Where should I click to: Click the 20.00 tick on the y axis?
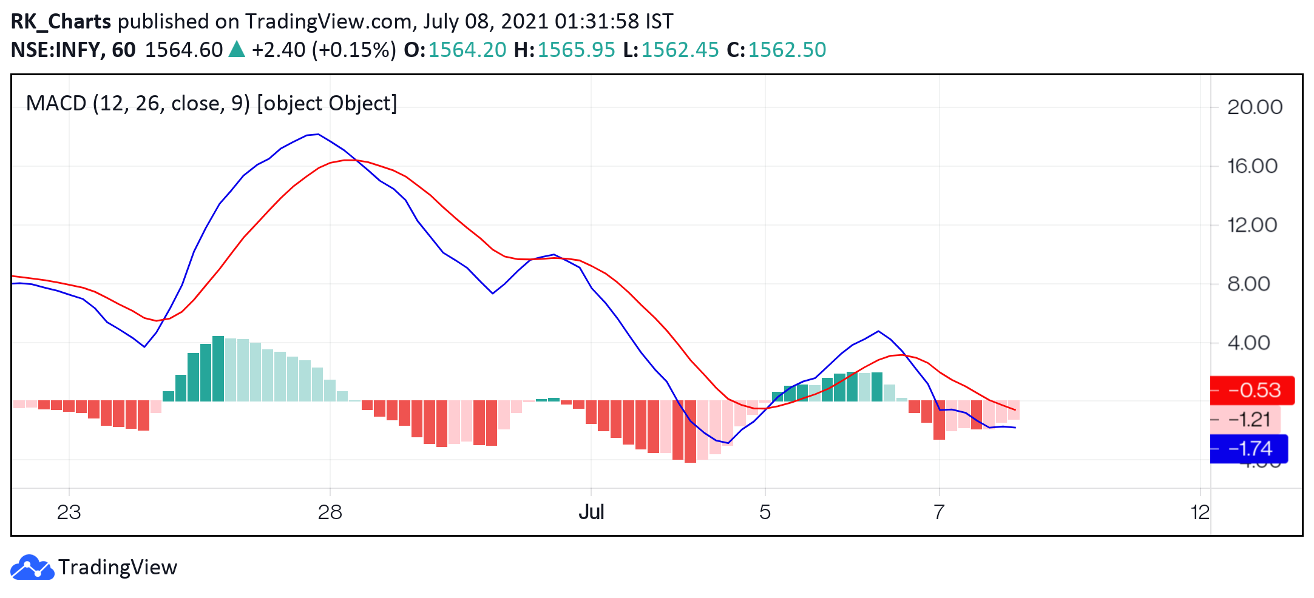pos(1255,107)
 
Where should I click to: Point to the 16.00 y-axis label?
pos(1252,166)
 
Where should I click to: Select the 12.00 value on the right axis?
pos(1252,225)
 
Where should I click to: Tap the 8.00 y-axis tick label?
pos(1248,284)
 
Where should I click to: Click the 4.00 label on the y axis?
pos(1248,343)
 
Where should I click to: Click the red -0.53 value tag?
pos(1252,390)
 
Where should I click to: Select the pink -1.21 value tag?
pos(1245,420)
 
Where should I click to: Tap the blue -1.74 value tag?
pos(1249,449)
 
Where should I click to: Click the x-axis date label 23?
pos(69,512)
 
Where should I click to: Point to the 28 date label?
pos(330,512)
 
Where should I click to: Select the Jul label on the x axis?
pos(591,512)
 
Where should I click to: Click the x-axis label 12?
pos(1200,512)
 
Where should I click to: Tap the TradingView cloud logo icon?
pos(32,567)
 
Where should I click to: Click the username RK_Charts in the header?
pos(61,22)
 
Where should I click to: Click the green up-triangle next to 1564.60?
pos(237,49)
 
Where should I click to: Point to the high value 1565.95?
pos(576,50)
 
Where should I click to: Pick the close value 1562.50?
pos(787,50)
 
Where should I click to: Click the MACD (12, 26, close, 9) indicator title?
pos(138,104)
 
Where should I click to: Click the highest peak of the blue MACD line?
pos(317,134)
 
